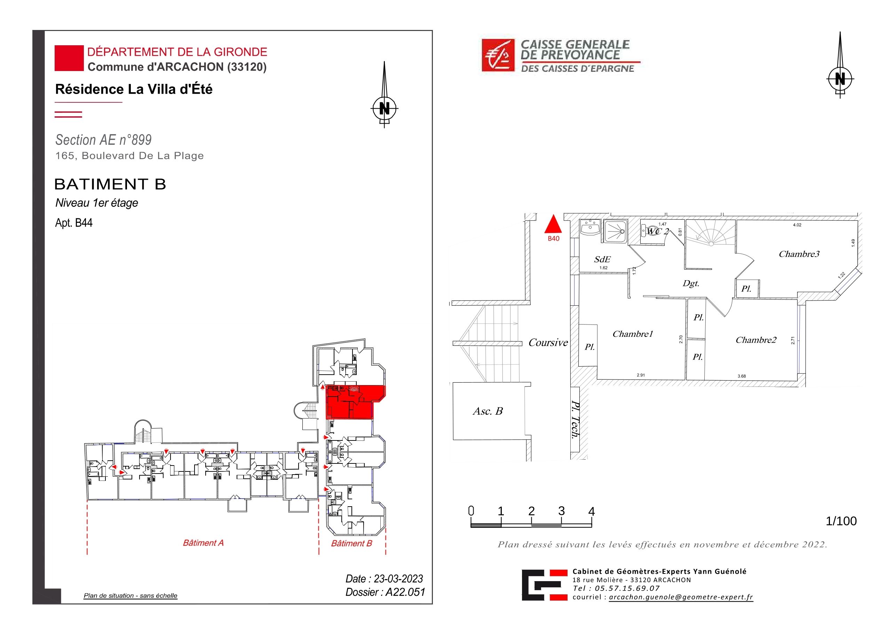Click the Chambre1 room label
pos(632,334)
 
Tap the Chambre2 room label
pos(756,340)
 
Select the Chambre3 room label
pos(799,254)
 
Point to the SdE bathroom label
pos(602,259)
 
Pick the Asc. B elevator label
pos(488,411)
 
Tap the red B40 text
pos(554,238)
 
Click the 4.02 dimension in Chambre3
pos(797,225)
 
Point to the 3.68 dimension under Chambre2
pos(742,376)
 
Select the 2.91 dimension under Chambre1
pos(641,375)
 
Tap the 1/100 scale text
pos(841,521)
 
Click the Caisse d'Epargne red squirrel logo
pos(498,55)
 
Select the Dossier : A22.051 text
pos(385,592)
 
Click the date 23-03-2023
pos(398,579)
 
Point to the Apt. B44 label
pos(74,223)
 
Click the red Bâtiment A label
pos(203,543)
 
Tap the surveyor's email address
pos(681,597)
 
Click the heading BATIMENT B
pos(110,184)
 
